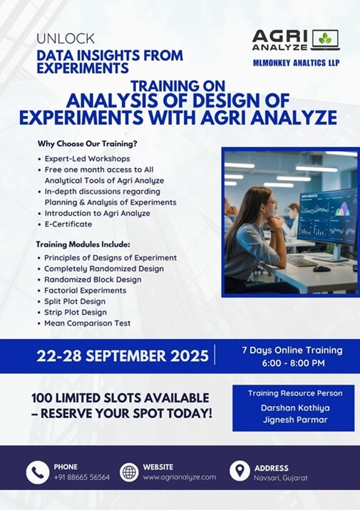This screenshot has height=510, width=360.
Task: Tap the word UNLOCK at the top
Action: click(x=66, y=38)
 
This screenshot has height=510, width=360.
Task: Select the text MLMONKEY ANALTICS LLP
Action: click(x=297, y=63)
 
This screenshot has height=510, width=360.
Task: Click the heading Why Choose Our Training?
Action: click(x=87, y=143)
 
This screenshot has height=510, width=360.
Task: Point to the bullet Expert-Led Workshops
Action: click(x=87, y=159)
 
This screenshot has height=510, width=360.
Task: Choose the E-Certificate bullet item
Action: click(x=68, y=224)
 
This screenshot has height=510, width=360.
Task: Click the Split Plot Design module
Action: click(x=75, y=301)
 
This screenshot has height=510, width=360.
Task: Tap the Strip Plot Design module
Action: click(x=76, y=312)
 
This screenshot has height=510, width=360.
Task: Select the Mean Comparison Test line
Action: click(x=87, y=323)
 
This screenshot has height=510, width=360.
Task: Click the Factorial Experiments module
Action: click(x=86, y=291)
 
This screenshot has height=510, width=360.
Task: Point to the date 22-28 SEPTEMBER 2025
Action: click(x=123, y=356)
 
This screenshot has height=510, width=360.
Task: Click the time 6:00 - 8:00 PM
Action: click(x=294, y=363)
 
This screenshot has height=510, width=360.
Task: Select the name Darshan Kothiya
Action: click(x=295, y=408)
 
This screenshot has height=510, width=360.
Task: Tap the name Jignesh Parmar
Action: click(x=295, y=420)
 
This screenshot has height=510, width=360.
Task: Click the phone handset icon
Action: click(x=38, y=472)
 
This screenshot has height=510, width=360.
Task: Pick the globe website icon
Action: click(x=129, y=472)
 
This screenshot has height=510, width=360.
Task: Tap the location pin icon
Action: click(x=240, y=471)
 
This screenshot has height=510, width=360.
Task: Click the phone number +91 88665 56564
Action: click(x=82, y=477)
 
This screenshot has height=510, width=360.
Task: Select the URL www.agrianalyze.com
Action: click(x=180, y=477)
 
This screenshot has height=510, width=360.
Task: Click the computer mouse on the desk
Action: click(x=322, y=269)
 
